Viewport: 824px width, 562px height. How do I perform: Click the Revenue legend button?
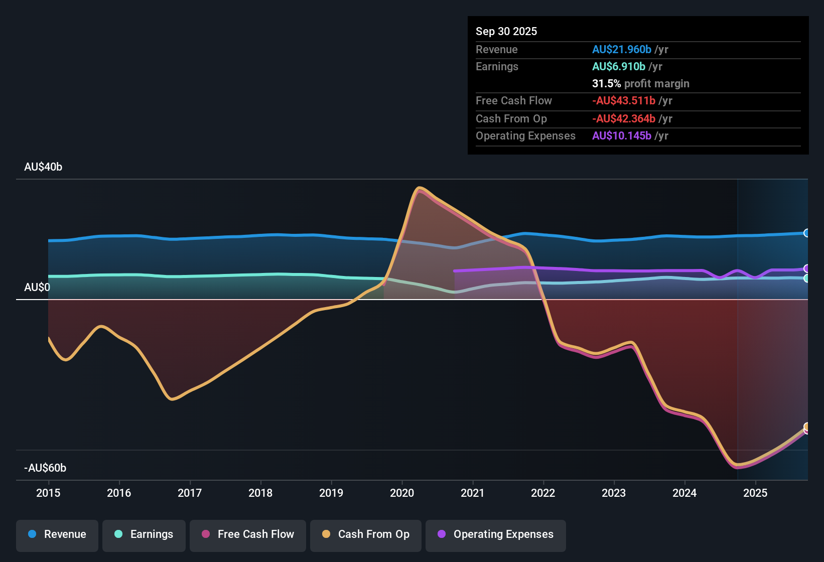click(x=57, y=535)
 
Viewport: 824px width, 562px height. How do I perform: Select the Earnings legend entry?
click(x=144, y=535)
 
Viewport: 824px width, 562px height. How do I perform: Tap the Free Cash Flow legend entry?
click(x=248, y=535)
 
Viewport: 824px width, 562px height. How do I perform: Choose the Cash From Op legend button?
click(x=366, y=535)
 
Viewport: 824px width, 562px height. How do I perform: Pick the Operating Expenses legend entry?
click(x=496, y=535)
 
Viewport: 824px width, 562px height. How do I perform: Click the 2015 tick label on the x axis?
click(x=48, y=493)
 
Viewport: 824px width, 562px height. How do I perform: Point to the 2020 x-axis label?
click(x=402, y=493)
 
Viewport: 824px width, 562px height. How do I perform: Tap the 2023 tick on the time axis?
click(x=614, y=493)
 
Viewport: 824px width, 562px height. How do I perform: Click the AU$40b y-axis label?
click(x=43, y=167)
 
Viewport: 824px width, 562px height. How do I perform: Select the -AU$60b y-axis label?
click(x=45, y=468)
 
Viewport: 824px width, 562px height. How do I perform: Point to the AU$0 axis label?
click(x=37, y=288)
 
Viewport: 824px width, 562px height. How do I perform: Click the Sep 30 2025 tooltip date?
click(x=506, y=32)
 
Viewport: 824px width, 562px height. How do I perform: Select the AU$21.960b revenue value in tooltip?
click(x=622, y=50)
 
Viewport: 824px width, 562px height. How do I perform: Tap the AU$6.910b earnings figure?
click(x=619, y=67)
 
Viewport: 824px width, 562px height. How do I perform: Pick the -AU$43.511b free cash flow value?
click(x=624, y=101)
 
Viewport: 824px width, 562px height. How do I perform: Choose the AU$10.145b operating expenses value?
click(x=622, y=136)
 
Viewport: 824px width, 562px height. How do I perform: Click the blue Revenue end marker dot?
click(x=806, y=233)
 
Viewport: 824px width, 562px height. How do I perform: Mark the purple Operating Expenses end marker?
click(x=806, y=269)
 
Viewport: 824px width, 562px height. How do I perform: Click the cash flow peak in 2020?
click(x=420, y=189)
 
